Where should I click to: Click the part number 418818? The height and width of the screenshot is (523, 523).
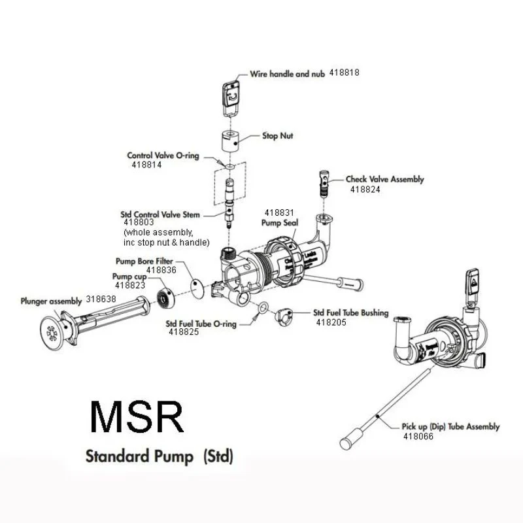345,73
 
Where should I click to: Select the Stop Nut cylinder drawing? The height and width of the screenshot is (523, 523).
231,139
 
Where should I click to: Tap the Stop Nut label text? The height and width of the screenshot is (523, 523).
277,136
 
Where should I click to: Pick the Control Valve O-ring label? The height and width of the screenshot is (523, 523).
163,156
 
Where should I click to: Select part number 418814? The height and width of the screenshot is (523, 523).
146,165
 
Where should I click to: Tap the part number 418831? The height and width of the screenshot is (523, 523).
280,212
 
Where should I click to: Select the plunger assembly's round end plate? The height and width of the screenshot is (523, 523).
52,329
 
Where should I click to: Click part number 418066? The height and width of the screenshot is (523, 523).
418,436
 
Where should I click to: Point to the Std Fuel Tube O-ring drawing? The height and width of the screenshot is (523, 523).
263,308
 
